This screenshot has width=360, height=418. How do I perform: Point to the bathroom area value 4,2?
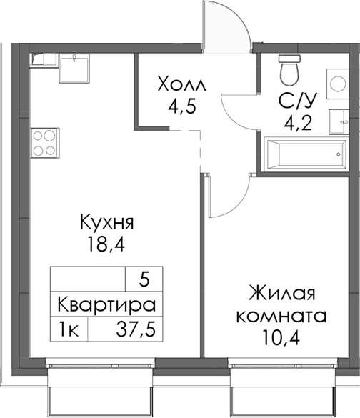pos(294,121)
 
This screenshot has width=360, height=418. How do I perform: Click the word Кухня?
pos(108,223)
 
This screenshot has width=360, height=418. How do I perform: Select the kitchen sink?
pos(74,69)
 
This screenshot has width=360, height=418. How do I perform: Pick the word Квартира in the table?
pos(106,305)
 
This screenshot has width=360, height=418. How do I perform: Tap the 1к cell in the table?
pos(69,330)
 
